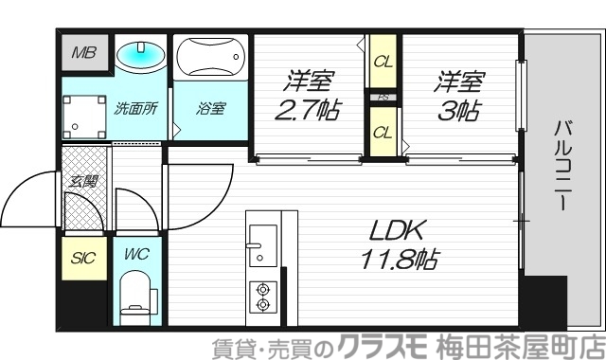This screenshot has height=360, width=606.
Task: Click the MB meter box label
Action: pyautogui.click(x=83, y=54)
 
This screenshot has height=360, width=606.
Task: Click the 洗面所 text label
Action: pyautogui.click(x=134, y=107)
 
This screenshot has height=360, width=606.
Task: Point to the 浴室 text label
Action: pyautogui.click(x=210, y=107)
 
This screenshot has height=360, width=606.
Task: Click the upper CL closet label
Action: pyautogui.click(x=382, y=62)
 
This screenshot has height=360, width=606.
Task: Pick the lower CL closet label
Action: pyautogui.click(x=382, y=132)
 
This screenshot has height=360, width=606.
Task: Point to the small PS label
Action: pyautogui.click(x=383, y=97)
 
